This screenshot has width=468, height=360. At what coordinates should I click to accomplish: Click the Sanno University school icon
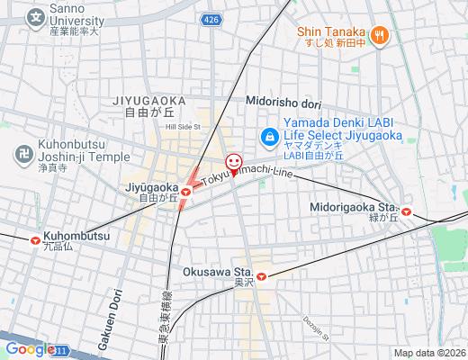pos(35,16)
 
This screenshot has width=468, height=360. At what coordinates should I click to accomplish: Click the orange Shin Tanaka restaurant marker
pos(380,35)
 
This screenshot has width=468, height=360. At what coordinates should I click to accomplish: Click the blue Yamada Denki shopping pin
pos(268,137)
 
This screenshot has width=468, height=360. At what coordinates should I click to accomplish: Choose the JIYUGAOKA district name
pos(149,100)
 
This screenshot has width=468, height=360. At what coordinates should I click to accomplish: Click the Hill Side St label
pos(183,127)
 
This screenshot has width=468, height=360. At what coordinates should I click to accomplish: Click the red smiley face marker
pos(234,163)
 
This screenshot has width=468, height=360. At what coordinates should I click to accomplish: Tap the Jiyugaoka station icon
pos(186,191)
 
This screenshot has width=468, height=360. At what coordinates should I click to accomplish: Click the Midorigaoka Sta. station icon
pos(407,212)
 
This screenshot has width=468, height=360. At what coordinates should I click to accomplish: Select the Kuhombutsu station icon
pos(35,240)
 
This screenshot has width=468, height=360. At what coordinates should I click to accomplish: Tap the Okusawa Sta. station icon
pos(261,276)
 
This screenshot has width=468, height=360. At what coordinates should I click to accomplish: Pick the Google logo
pos(29,349)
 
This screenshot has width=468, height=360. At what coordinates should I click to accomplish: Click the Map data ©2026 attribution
pos(428,353)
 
